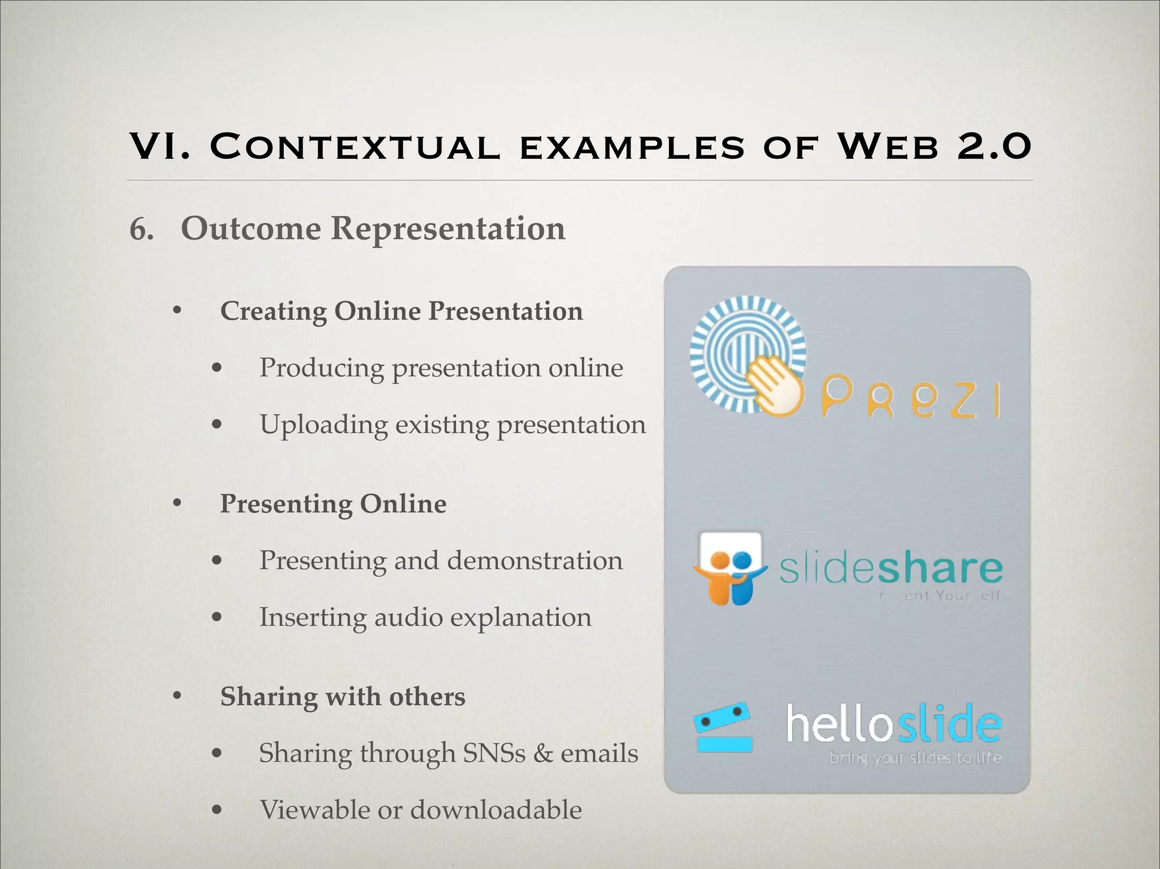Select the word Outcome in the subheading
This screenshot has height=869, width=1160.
pos(251,229)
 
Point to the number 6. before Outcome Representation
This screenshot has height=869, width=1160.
pos(142,230)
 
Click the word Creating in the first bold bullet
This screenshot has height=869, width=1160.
pos(272,312)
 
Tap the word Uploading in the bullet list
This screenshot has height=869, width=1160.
pos(323,425)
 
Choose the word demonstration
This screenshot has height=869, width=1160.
pos(535,561)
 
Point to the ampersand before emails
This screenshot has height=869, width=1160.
pos(543,753)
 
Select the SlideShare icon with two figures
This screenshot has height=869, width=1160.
pos(730,568)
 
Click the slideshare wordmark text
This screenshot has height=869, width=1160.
pos(890,569)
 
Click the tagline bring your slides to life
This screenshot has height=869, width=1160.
pos(915,758)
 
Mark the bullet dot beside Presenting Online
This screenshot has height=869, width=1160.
pos(177,503)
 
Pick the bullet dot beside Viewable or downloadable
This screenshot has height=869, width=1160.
pos(216,809)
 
